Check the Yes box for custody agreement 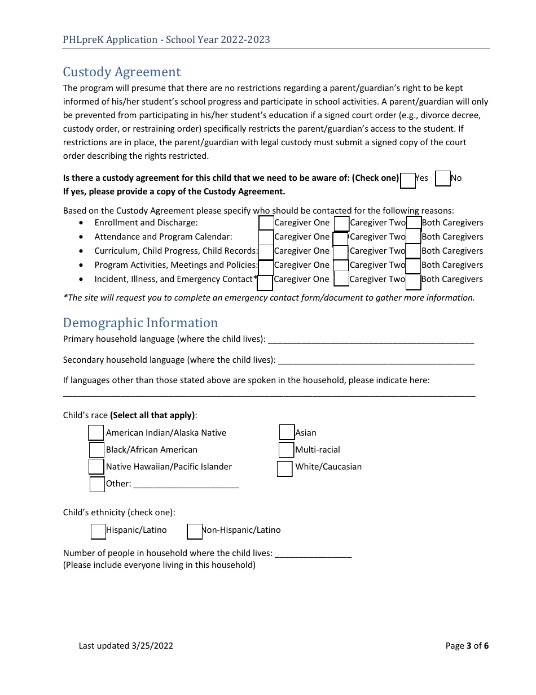tap(408, 180)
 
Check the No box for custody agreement tap(443, 179)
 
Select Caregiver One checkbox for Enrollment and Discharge tap(266, 223)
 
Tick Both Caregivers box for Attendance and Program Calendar tap(413, 237)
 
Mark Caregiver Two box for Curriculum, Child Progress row tap(341, 252)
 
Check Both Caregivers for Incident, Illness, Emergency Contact tap(413, 281)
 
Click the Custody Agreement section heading tap(122, 72)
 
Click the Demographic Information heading tap(140, 323)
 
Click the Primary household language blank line tap(371, 339)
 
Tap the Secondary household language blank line tap(376, 360)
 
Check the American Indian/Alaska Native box tap(96, 433)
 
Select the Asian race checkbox tap(287, 432)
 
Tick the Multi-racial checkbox tap(286, 450)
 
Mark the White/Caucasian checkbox tap(285, 468)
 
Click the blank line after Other tap(186, 484)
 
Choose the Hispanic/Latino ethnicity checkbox tap(98, 531)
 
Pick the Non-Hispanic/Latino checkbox tap(194, 531)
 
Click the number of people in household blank tap(313, 553)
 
